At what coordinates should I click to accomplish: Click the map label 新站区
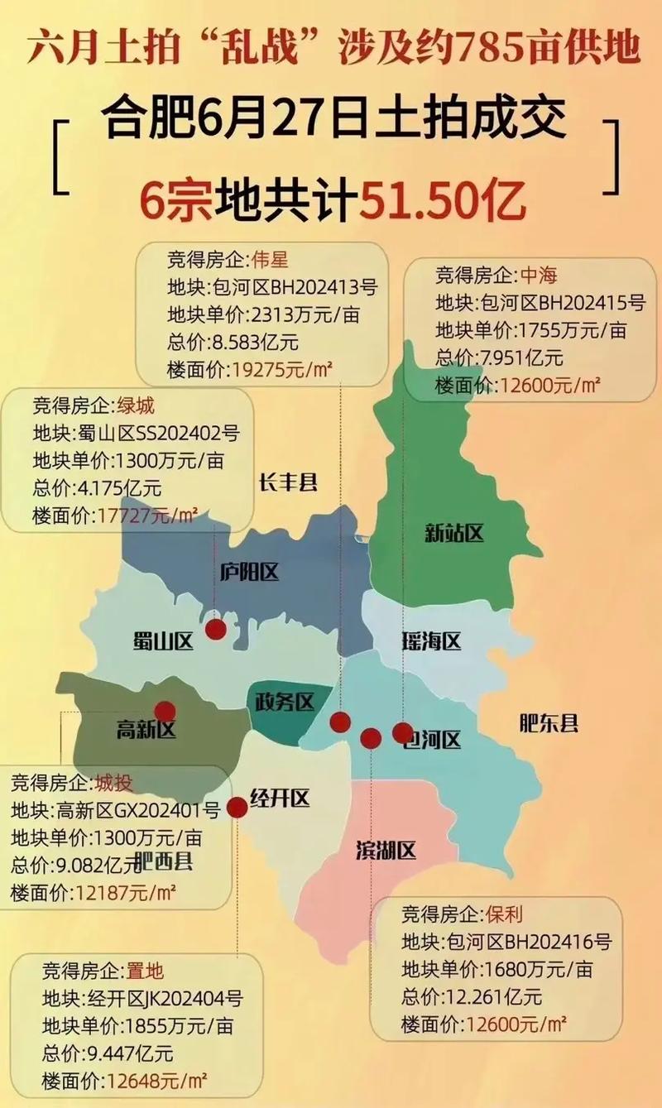(453, 534)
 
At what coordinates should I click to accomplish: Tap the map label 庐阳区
(249, 570)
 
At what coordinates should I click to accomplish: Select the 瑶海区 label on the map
(431, 640)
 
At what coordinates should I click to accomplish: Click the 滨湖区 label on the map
(386, 850)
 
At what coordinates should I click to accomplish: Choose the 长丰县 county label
(288, 483)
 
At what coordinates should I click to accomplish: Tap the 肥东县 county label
(548, 724)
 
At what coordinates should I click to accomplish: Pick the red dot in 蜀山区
(216, 630)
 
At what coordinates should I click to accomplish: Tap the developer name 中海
(540, 275)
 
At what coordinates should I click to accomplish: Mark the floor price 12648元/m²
(155, 1081)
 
